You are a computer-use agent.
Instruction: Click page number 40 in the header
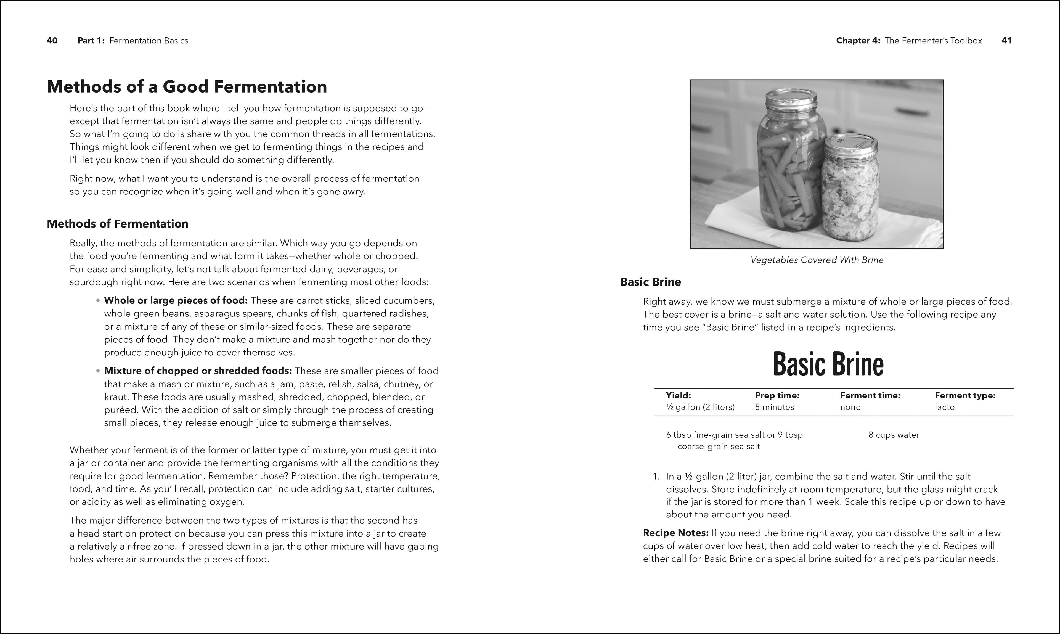point(52,41)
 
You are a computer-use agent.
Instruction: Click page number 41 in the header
point(1007,41)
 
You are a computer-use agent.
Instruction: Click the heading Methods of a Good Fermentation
point(187,87)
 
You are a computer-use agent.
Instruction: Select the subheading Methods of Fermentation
point(117,224)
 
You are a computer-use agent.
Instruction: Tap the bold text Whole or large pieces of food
point(176,301)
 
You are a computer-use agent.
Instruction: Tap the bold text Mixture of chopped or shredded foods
point(198,371)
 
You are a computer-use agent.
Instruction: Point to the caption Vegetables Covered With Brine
point(817,260)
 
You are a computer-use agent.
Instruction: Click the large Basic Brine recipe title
point(828,364)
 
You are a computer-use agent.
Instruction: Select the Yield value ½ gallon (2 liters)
point(700,407)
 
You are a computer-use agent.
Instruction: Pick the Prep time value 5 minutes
point(774,407)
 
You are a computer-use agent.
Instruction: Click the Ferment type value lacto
point(944,407)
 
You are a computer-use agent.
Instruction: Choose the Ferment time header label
point(870,396)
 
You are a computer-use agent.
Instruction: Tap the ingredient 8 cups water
point(894,435)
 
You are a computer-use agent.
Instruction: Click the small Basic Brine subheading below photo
point(650,282)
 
